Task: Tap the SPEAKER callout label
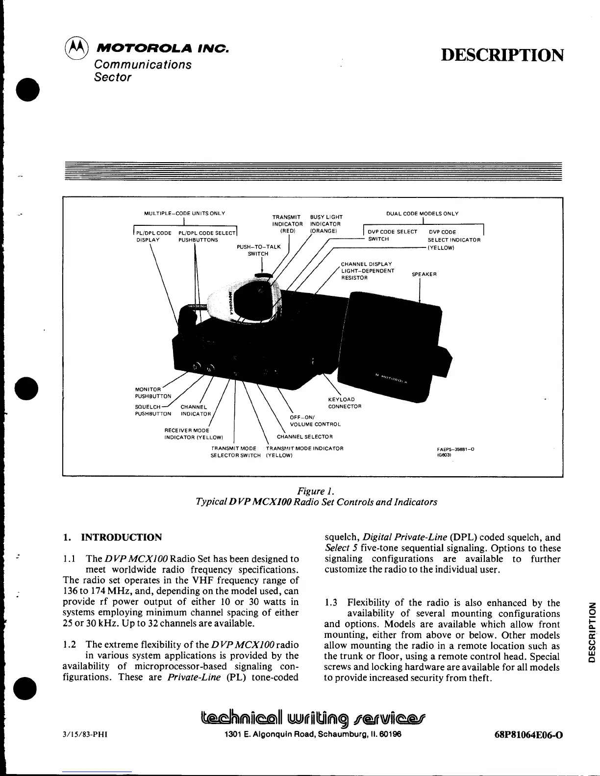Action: pos(424,274)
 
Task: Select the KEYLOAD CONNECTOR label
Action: pos(345,403)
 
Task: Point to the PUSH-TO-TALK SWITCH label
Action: pos(259,250)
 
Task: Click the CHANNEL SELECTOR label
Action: pos(304,436)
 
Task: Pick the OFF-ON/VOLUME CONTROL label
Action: pos(315,421)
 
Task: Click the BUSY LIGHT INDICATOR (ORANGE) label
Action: pos(326,224)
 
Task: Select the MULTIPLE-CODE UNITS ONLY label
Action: pos(184,213)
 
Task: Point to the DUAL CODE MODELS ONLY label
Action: pos(422,213)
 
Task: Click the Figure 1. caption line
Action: pos(316,491)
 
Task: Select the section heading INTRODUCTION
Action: pos(121,537)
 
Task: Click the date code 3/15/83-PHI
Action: pos(82,735)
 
